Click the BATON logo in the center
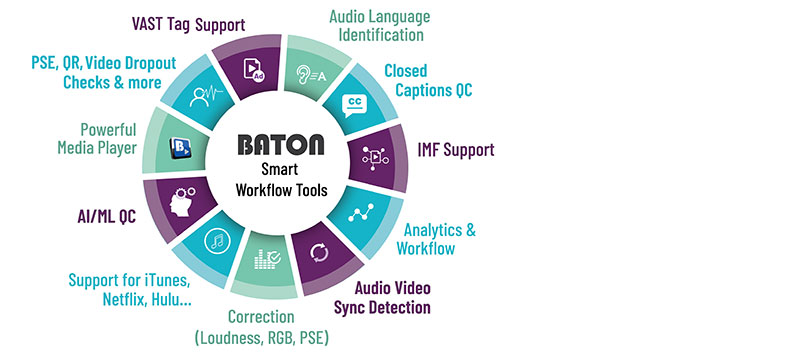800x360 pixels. click(282, 145)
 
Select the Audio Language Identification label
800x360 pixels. click(381, 25)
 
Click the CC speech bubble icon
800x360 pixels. click(355, 104)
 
